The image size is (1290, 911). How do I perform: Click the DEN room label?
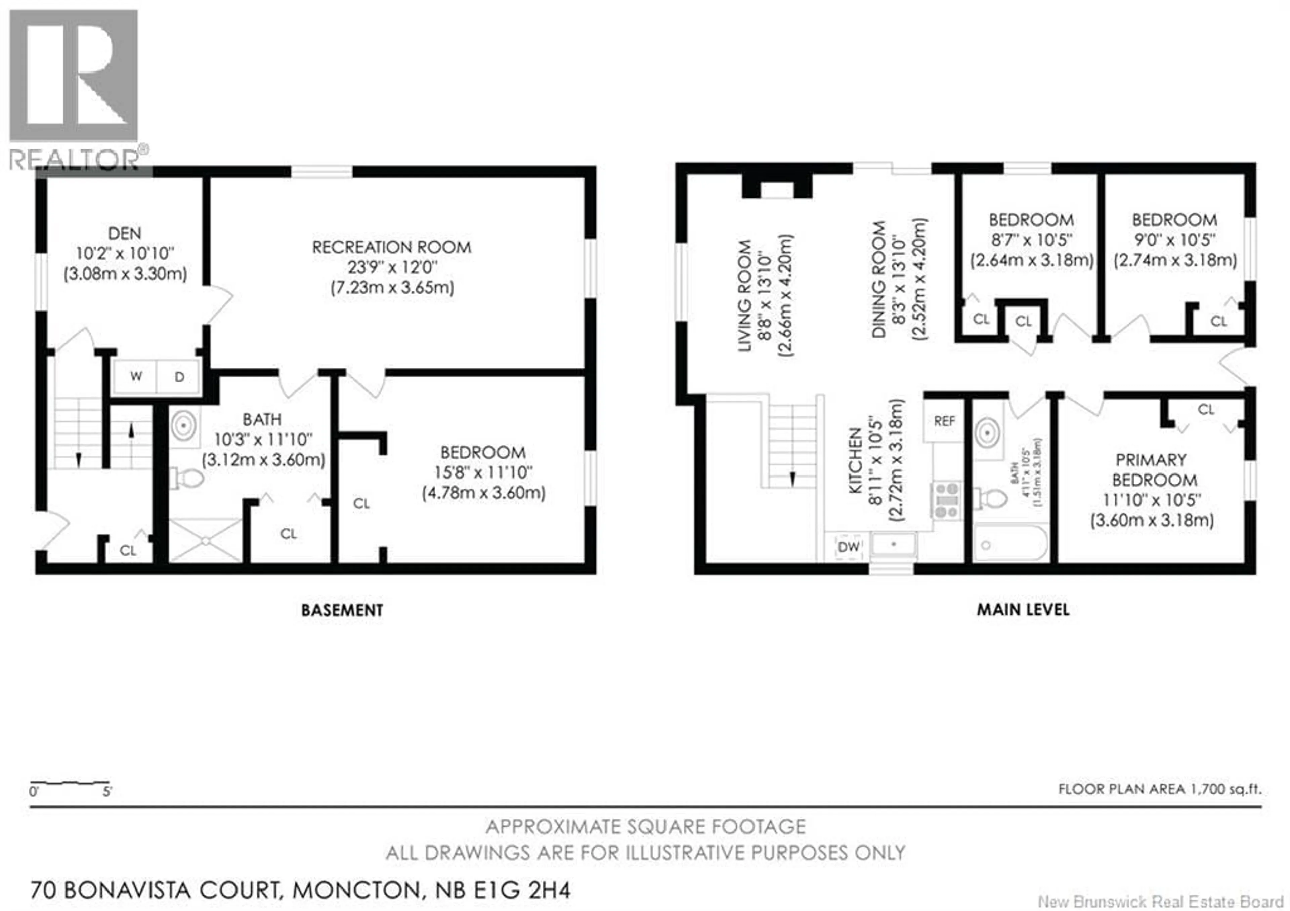(125, 233)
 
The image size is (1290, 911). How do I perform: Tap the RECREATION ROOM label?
(392, 247)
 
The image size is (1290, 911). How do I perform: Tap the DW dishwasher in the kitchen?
(848, 546)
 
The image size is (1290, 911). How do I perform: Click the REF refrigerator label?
(944, 421)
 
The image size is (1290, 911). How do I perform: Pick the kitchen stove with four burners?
(947, 500)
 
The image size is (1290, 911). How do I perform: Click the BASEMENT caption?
(342, 610)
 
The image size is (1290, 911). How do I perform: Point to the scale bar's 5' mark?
(107, 792)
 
